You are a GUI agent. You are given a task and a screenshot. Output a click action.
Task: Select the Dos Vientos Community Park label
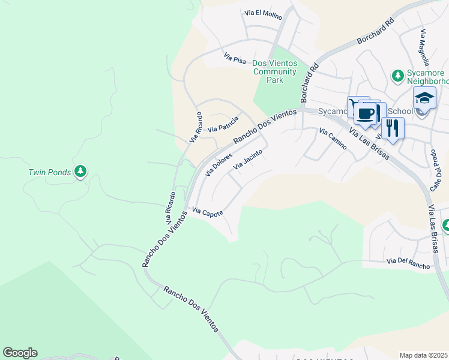tap(275, 71)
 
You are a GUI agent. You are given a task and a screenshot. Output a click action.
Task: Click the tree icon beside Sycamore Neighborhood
tap(397, 75)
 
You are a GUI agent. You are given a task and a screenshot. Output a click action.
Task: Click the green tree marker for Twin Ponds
tap(80, 172)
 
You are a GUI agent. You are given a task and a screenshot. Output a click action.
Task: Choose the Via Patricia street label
tap(223, 124)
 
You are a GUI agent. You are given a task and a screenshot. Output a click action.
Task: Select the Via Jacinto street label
tap(248, 158)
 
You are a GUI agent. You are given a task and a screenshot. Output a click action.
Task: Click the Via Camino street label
tap(333, 139)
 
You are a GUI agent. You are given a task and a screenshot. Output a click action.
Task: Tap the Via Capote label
tap(208, 212)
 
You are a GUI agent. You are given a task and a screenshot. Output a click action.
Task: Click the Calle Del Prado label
tap(436, 172)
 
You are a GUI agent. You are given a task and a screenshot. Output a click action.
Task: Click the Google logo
tap(20, 353)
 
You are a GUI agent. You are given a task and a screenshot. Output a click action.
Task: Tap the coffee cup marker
tap(367, 113)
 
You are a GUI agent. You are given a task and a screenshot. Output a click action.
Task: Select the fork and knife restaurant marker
tap(393, 128)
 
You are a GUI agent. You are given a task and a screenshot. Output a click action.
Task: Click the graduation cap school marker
tap(424, 98)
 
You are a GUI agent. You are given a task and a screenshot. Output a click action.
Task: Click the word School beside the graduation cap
tap(400, 111)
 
